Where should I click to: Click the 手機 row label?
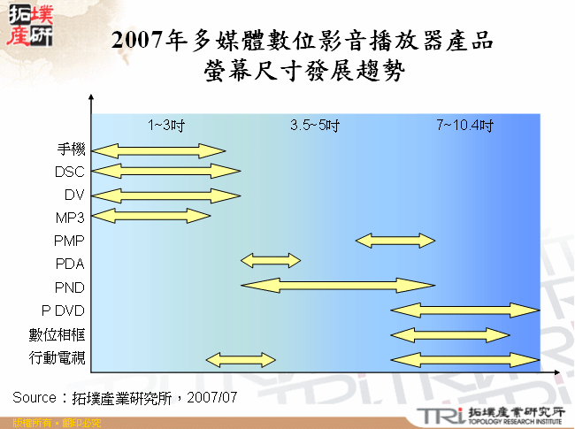click(x=70, y=148)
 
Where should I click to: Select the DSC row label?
click(x=69, y=171)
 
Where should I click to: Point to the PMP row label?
click(x=69, y=241)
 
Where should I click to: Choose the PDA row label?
click(x=69, y=264)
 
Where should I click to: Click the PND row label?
click(x=69, y=287)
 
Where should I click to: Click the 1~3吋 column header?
click(x=165, y=125)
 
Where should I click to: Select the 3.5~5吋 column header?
click(x=315, y=125)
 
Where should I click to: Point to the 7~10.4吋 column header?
click(x=464, y=125)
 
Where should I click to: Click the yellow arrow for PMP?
click(x=395, y=240)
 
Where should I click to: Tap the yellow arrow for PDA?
click(x=271, y=260)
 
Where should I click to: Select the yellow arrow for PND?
click(x=338, y=284)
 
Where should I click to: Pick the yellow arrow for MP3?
click(x=151, y=215)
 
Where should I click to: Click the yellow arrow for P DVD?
click(x=464, y=309)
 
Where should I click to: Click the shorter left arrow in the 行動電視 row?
click(x=241, y=358)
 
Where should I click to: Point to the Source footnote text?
click(x=125, y=397)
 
